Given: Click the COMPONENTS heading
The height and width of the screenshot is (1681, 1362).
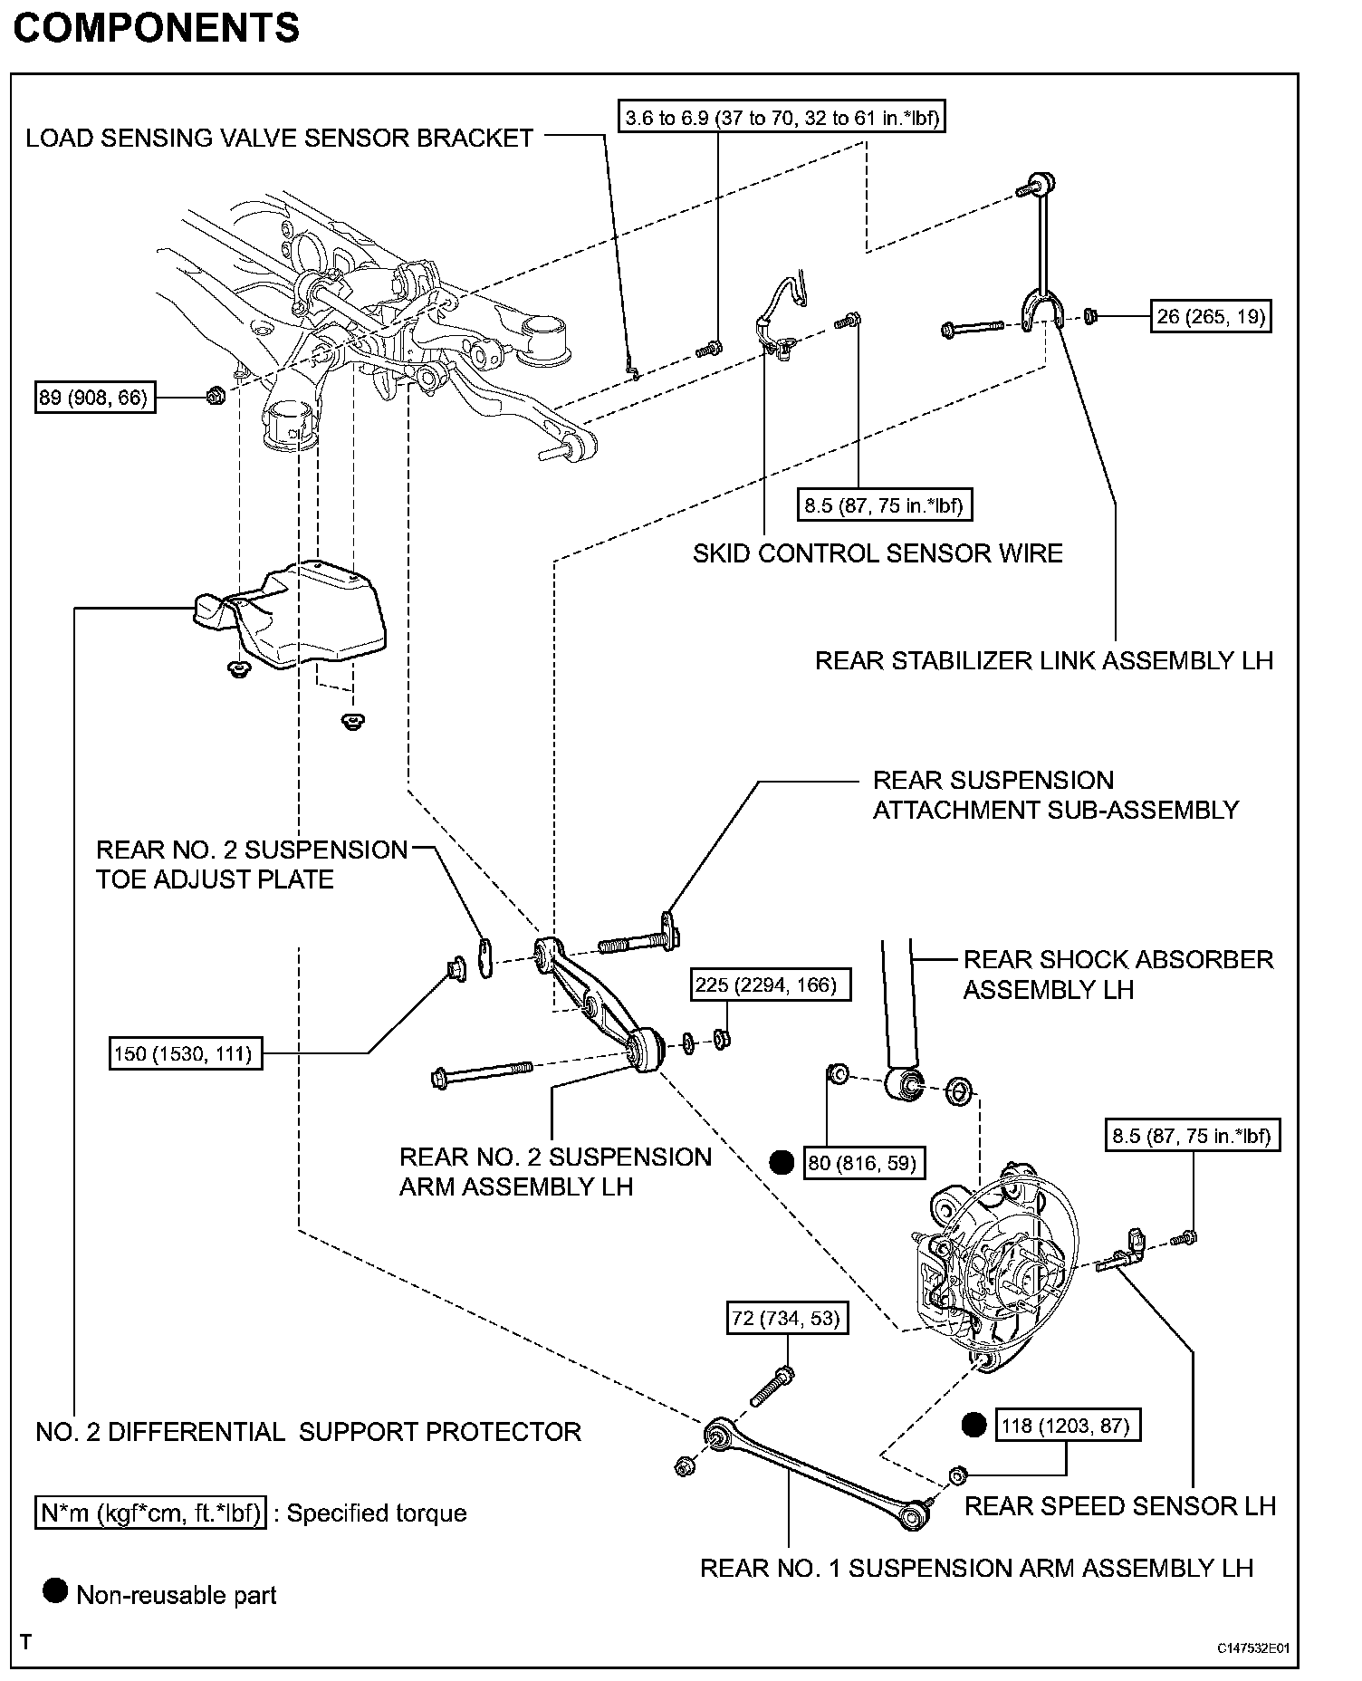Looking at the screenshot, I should [156, 28].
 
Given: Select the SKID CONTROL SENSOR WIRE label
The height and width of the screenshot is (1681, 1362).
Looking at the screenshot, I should [878, 553].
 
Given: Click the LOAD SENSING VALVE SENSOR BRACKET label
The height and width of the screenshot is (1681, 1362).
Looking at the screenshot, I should [279, 139].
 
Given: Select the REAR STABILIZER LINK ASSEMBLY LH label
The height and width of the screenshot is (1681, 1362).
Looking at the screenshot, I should [1044, 660].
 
